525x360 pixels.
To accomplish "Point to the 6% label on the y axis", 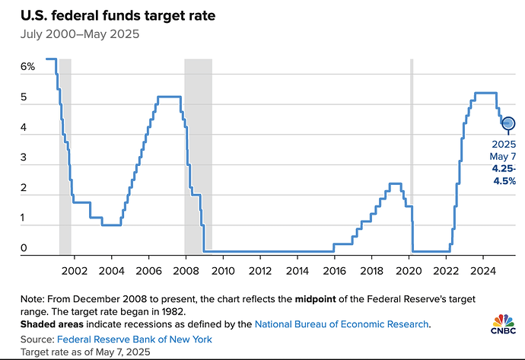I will (x=27, y=67).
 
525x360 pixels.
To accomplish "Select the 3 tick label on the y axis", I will (x=24, y=158).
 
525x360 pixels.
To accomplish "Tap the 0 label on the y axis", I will (x=24, y=248).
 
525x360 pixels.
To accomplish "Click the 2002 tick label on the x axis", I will (x=74, y=270).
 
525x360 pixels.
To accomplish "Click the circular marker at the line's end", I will (x=508, y=123).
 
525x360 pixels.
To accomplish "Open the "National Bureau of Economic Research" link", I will (x=342, y=324).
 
